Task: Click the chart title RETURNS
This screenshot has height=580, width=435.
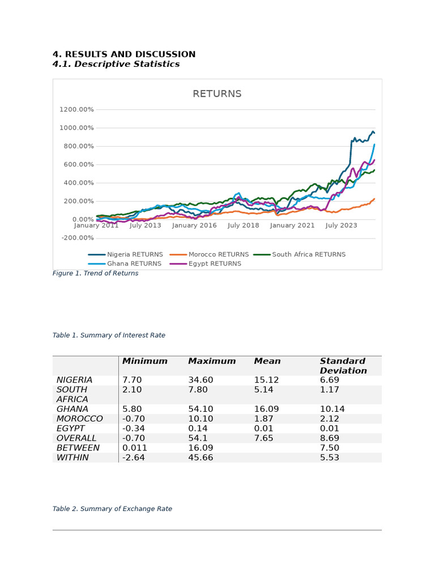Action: pyautogui.click(x=217, y=93)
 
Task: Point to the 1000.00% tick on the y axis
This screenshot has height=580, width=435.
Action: pyautogui.click(x=76, y=128)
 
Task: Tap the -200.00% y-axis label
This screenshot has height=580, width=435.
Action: pyautogui.click(x=78, y=238)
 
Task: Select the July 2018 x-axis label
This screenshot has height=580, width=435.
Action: pyautogui.click(x=244, y=225)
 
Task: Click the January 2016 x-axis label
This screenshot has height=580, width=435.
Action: pyautogui.click(x=194, y=225)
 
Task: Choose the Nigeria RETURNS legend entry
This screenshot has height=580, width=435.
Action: pyautogui.click(x=125, y=254)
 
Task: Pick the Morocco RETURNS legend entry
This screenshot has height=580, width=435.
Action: pyautogui.click(x=210, y=254)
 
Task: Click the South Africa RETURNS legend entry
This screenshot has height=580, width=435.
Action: pyautogui.click(x=300, y=254)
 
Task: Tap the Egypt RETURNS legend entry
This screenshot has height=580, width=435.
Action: pyautogui.click(x=205, y=264)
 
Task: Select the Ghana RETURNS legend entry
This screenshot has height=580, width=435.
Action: pyautogui.click(x=125, y=264)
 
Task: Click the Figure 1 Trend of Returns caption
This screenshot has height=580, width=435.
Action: pyautogui.click(x=95, y=274)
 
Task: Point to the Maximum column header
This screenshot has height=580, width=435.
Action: pyautogui.click(x=212, y=361)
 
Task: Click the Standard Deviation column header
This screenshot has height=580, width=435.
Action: pyautogui.click(x=343, y=366)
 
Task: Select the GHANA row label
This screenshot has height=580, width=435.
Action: pyautogui.click(x=72, y=409)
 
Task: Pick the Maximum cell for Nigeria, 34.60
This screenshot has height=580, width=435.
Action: pyautogui.click(x=201, y=380)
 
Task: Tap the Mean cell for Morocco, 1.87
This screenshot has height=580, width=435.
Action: pyautogui.click(x=263, y=419)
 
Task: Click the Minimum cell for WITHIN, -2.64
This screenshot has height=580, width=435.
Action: pyautogui.click(x=134, y=458)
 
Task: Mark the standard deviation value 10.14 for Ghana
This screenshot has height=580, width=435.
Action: pyautogui.click(x=332, y=409)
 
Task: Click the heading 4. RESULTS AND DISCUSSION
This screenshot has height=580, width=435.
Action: pyautogui.click(x=124, y=54)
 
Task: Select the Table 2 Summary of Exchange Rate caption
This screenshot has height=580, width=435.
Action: pyautogui.click(x=113, y=509)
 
